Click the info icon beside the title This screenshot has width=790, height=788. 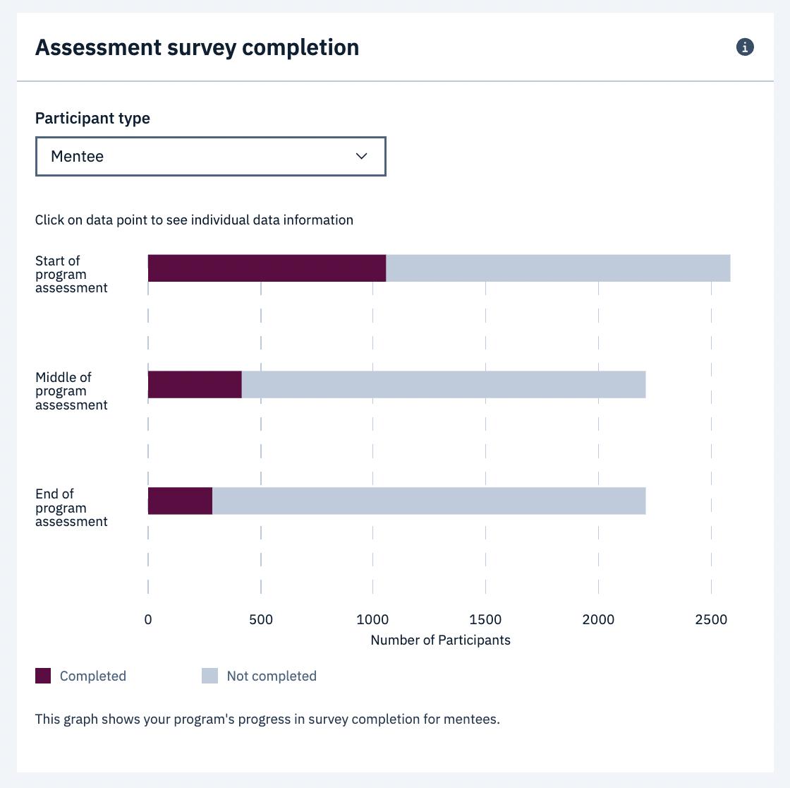[x=745, y=47]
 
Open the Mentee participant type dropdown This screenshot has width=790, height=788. [x=210, y=156]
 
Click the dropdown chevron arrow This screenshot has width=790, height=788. [x=362, y=156]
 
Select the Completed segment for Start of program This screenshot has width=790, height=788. [x=267, y=268]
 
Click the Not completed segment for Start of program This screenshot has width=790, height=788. [x=558, y=268]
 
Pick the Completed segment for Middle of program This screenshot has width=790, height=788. [x=195, y=384]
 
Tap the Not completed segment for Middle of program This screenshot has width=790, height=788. [x=444, y=384]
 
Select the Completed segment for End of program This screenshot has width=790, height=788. [x=180, y=501]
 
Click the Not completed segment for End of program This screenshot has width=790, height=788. [x=429, y=501]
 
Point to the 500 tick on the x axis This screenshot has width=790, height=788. [x=261, y=620]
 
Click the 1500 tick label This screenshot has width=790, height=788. [x=485, y=620]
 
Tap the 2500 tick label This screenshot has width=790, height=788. [x=711, y=620]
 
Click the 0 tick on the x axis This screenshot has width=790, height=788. [x=148, y=620]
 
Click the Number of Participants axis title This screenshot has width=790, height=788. [x=440, y=640]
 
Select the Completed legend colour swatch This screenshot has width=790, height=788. [x=43, y=676]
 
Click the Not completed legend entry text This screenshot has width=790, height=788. [x=272, y=676]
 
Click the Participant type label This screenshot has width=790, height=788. [x=92, y=119]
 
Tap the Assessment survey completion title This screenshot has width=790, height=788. [x=197, y=47]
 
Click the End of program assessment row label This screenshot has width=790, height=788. [x=71, y=508]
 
